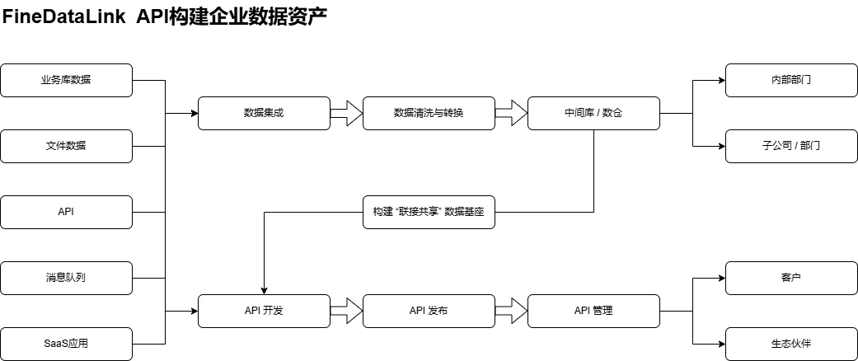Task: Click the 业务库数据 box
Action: pos(66,80)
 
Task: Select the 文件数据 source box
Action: pos(66,146)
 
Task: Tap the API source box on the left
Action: pos(66,212)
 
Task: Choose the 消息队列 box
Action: pos(66,278)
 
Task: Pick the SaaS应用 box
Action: pos(66,344)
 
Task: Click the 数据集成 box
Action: pos(264,113)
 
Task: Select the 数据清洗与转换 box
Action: pos(429,113)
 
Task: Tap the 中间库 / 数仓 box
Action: pos(593,113)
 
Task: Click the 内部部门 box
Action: pos(791,80)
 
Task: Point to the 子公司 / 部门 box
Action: pos(791,146)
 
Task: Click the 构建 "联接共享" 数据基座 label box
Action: pos(429,212)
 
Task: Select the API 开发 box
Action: pos(264,311)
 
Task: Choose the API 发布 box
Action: pos(429,311)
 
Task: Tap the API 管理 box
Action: pos(593,311)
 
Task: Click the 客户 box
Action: pos(791,278)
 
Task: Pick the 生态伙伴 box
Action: pos(791,344)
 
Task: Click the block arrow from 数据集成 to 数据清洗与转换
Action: pos(347,113)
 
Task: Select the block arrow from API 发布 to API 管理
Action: pos(512,311)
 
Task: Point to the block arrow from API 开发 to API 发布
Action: pos(347,311)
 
